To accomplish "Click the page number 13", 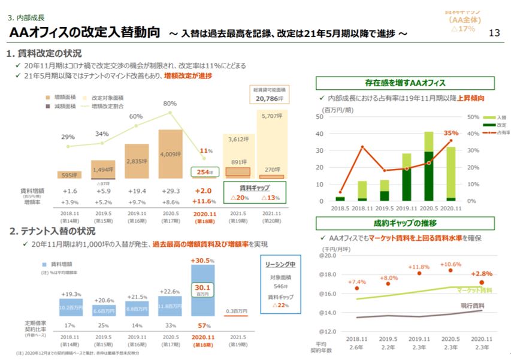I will tap(494, 33).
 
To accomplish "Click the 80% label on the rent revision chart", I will tap(170, 103).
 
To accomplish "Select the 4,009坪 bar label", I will tap(170, 154).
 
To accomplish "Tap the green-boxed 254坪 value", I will tap(203, 173).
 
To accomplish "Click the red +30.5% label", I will tap(203, 260).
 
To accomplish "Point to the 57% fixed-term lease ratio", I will tap(203, 325).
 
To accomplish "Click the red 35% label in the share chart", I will tap(450, 133).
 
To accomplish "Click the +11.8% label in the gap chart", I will tap(419, 267).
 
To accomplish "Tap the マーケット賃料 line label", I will tap(474, 290).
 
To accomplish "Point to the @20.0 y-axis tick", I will tap(328, 256).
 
